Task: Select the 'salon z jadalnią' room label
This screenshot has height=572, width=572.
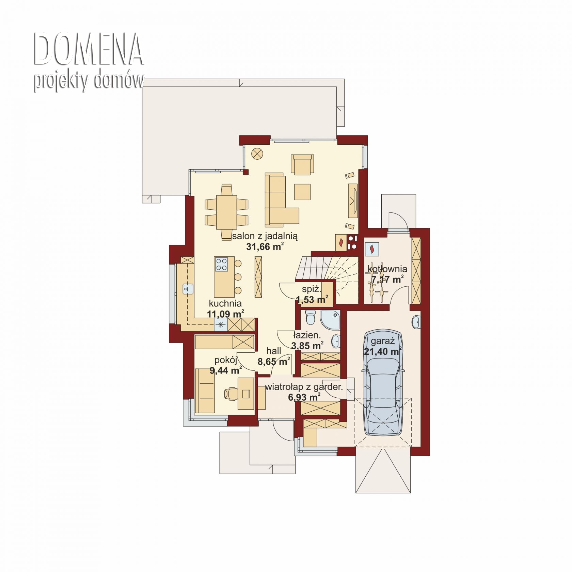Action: tap(265, 236)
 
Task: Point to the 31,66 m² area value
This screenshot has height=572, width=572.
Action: tap(265, 247)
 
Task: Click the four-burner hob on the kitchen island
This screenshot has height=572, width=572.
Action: tap(221, 264)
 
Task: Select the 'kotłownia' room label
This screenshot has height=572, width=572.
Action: tap(387, 269)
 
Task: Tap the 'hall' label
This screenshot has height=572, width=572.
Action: tap(274, 351)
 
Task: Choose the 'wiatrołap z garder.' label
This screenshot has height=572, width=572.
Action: tap(304, 387)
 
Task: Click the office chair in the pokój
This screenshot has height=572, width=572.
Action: tap(231, 393)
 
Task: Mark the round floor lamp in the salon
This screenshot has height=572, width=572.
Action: tap(257, 154)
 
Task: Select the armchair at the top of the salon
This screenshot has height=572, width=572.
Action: tap(302, 164)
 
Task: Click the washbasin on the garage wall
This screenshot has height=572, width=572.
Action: tap(416, 322)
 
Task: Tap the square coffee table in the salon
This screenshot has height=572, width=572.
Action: tap(302, 192)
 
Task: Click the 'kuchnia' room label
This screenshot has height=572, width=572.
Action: tap(225, 303)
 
